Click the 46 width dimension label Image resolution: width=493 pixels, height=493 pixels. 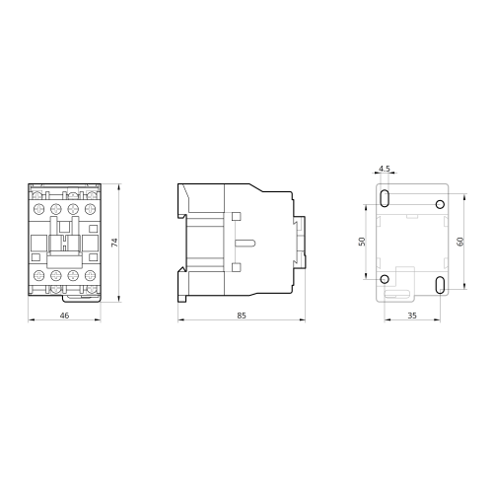coord(64,316)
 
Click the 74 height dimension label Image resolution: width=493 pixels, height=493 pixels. coord(114,243)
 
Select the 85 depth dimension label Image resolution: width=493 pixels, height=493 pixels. coord(242,316)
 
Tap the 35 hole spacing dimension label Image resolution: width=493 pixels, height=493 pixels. coord(412,316)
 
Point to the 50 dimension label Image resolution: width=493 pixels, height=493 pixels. coord(362,242)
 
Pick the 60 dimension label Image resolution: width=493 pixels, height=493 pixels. coord(460,242)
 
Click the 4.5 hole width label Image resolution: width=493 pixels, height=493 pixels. coord(385,169)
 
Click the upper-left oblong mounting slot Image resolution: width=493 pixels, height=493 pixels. coord(385,198)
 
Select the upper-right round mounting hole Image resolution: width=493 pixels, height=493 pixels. coord(440,204)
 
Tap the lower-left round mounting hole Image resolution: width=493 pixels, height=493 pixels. coord(385,279)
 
